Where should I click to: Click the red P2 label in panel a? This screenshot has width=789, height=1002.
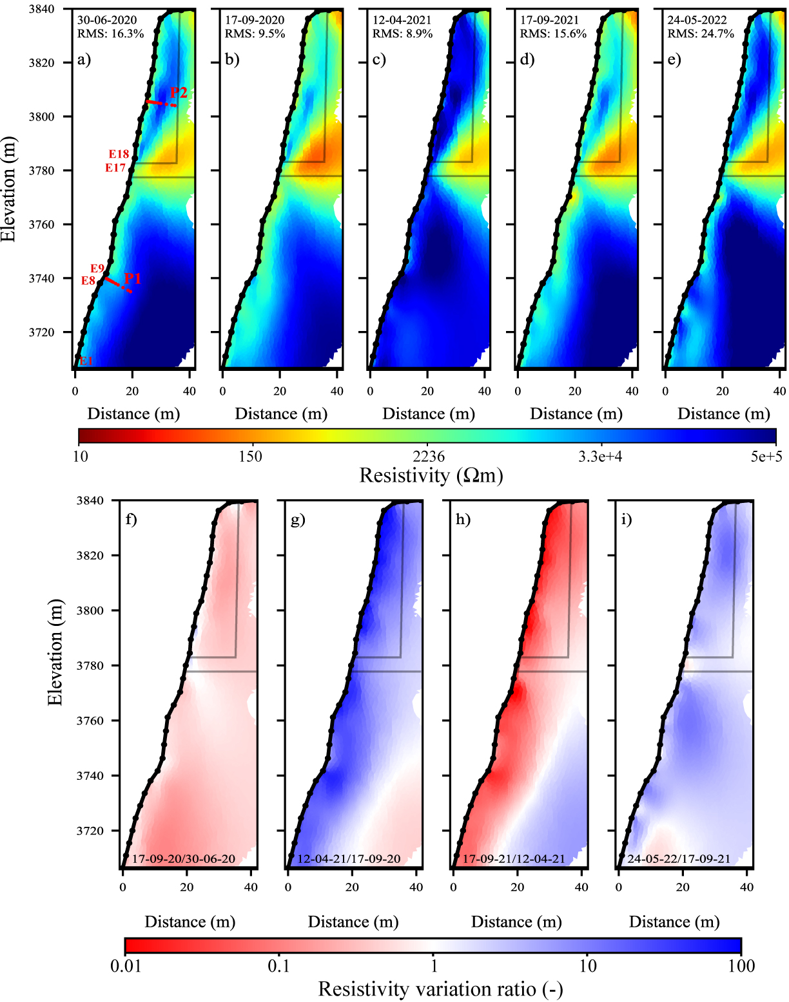click(179, 93)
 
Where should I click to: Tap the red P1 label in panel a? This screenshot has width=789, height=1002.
click(133, 278)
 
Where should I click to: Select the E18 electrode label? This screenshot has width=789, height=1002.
click(119, 155)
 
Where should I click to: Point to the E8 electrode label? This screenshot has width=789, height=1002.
click(88, 281)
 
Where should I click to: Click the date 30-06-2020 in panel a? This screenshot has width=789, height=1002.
click(107, 21)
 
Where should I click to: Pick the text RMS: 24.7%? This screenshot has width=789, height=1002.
click(701, 33)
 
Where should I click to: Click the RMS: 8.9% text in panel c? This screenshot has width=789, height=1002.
click(402, 33)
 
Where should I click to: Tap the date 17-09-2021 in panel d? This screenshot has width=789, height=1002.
click(550, 21)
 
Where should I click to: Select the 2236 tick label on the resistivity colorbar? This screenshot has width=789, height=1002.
click(429, 457)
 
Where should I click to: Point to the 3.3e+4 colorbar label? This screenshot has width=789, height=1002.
click(600, 457)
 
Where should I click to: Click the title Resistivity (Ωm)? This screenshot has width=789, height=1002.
click(431, 475)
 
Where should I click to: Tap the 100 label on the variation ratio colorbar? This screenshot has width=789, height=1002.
click(741, 966)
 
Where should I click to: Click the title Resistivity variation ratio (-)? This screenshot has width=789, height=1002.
click(441, 989)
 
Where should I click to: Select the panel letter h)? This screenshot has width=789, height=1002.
click(463, 519)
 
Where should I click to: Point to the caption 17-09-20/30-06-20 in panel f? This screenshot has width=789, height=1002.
click(184, 859)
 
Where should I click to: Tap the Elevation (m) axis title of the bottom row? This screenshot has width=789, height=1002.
click(55, 652)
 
